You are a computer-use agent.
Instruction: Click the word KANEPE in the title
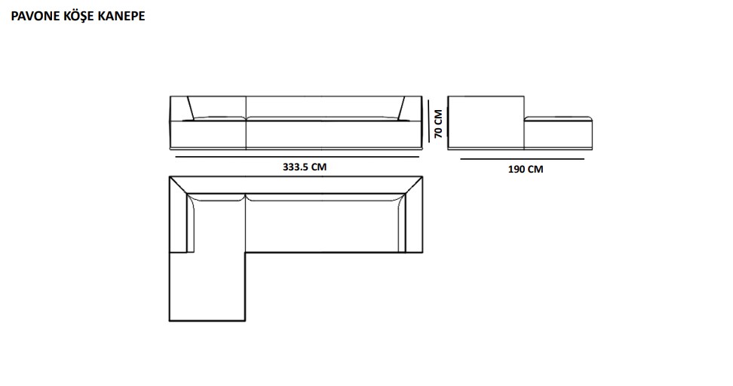click(x=121, y=16)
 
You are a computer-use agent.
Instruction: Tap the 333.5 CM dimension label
click(x=305, y=167)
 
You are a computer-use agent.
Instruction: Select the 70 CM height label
click(x=438, y=124)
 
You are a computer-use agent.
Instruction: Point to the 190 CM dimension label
click(x=526, y=169)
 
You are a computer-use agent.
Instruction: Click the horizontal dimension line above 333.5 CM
click(x=297, y=157)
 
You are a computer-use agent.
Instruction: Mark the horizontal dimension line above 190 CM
click(x=522, y=159)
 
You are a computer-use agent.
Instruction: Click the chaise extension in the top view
click(x=207, y=286)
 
